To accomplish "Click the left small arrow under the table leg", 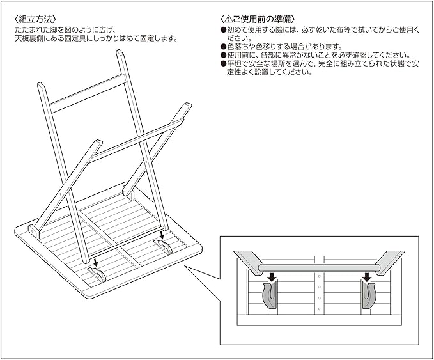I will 95,261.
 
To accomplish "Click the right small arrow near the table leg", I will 162,235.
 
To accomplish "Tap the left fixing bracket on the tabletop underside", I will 97,275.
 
